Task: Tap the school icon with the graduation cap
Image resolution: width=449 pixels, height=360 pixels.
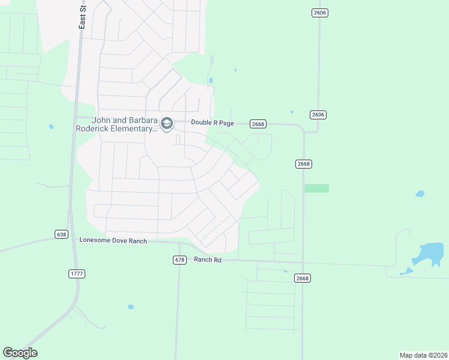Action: (x=167, y=124)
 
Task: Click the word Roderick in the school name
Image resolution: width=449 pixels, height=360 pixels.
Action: (x=96, y=128)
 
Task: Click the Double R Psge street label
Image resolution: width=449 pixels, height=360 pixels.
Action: (x=212, y=122)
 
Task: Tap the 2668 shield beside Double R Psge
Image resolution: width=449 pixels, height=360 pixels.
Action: (x=258, y=124)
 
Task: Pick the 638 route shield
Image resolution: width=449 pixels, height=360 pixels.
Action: (x=61, y=234)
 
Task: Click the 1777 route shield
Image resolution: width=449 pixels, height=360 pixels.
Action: (x=77, y=274)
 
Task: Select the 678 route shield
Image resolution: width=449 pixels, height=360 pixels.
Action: (x=179, y=260)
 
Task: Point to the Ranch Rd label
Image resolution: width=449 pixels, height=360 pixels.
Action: (x=208, y=260)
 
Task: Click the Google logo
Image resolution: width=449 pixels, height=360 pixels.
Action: (x=20, y=353)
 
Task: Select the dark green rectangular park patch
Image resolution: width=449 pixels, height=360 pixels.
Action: (x=317, y=188)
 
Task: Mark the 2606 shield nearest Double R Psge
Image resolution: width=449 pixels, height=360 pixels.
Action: (x=318, y=115)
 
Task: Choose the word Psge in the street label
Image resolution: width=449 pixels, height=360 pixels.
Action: (x=225, y=122)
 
